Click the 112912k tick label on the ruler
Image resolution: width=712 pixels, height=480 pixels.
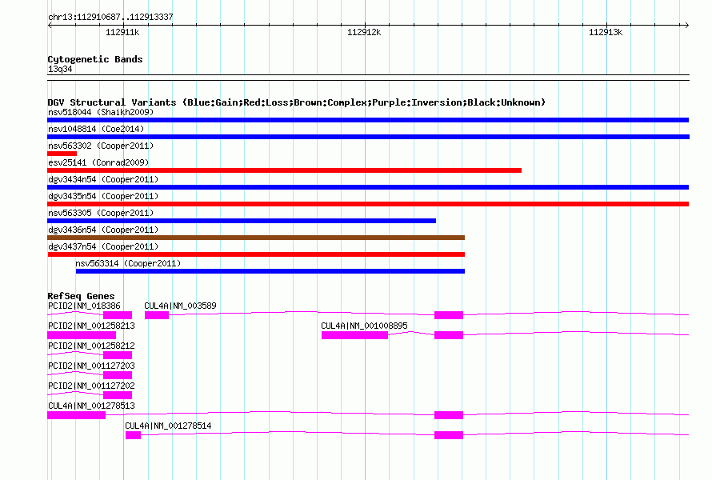point(364,32)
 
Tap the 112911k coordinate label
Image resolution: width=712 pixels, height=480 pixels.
point(122,32)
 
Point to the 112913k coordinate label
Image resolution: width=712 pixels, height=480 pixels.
point(606,32)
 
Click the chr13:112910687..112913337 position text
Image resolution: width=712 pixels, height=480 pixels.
point(110,17)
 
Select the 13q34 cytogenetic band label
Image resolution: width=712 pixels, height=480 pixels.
point(60,69)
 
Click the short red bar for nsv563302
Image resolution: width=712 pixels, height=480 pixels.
point(62,154)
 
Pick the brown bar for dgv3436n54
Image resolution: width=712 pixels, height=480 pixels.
point(256,238)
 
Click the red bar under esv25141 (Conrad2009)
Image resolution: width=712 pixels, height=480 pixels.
point(284,170)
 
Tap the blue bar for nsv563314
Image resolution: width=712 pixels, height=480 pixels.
point(270,271)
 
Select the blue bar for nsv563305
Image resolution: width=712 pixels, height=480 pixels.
point(242,221)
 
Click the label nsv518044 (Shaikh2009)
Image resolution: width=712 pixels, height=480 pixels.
point(101,112)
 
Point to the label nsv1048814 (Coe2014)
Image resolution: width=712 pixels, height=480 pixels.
point(96,129)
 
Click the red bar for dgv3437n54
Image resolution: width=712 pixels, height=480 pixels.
point(256,254)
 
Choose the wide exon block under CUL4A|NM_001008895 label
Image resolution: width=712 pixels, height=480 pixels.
point(354,335)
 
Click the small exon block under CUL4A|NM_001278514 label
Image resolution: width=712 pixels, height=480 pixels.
point(133,435)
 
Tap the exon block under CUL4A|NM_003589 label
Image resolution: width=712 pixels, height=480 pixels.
point(157,315)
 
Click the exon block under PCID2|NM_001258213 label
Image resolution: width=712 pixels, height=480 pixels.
point(82,335)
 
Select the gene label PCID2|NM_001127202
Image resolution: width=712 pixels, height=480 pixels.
point(91,386)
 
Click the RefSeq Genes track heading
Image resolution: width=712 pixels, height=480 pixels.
point(81,296)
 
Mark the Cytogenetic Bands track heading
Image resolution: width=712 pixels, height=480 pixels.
point(95,59)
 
